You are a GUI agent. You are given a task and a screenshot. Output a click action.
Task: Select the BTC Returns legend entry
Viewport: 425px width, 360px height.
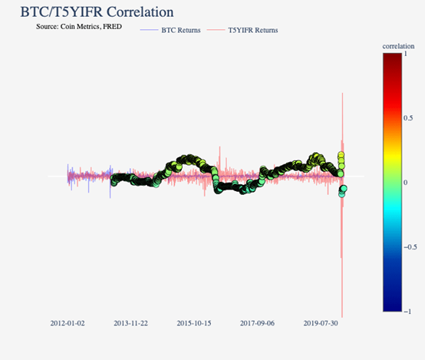pos(181,30)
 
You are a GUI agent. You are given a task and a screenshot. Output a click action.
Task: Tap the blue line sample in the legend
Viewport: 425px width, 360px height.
pos(150,30)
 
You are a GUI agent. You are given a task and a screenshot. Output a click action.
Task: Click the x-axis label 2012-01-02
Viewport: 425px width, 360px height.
pos(68,324)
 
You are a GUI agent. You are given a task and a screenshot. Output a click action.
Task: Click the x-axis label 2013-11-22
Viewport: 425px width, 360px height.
pos(130,324)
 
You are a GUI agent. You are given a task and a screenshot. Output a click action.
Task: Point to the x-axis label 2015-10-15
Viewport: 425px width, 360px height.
pos(194,324)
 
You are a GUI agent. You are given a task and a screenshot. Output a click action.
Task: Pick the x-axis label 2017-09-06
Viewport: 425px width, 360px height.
pos(257,324)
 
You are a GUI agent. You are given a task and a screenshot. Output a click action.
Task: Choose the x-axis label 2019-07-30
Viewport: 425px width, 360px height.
pos(321,324)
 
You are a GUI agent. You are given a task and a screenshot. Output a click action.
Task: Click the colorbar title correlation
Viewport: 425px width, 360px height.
pos(399,46)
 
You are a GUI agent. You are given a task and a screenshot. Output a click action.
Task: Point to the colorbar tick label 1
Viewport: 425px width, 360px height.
pos(406,54)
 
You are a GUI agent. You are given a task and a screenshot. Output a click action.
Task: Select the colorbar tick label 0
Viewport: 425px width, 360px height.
pos(406,183)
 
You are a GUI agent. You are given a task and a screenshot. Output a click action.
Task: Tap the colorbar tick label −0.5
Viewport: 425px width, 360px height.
pos(410,246)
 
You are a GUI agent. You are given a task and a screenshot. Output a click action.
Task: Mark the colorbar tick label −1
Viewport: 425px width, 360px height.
pos(407,311)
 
